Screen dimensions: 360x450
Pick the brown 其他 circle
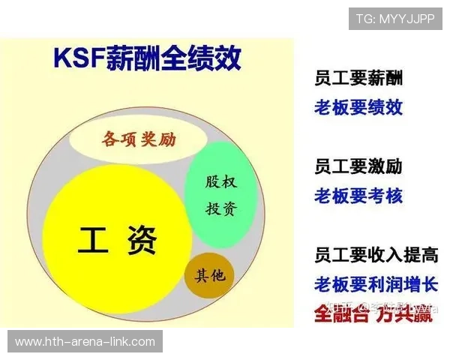click(210, 276)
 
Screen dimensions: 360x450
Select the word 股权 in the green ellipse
click(221, 182)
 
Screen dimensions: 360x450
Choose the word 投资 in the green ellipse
click(221, 208)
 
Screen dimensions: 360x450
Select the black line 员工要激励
click(358, 166)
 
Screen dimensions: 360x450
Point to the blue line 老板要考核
click(358, 196)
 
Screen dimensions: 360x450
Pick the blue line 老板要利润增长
click(376, 285)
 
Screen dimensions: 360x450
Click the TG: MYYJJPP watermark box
click(395, 19)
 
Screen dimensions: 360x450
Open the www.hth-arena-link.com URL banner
click(85, 342)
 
